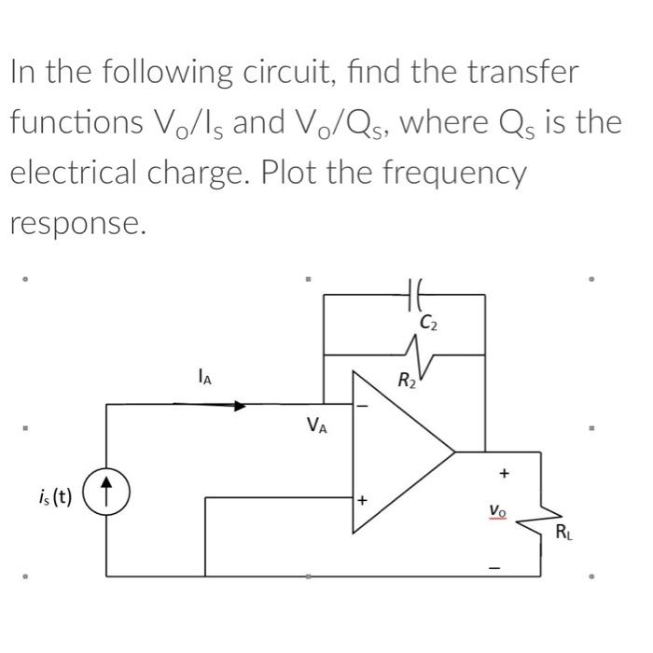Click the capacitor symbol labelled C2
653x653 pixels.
click(416, 294)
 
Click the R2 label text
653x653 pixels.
click(407, 381)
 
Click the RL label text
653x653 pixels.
click(564, 534)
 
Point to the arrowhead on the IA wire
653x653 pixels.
click(240, 406)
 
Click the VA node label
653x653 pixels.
click(316, 427)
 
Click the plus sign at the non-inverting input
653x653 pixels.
click(363, 500)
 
